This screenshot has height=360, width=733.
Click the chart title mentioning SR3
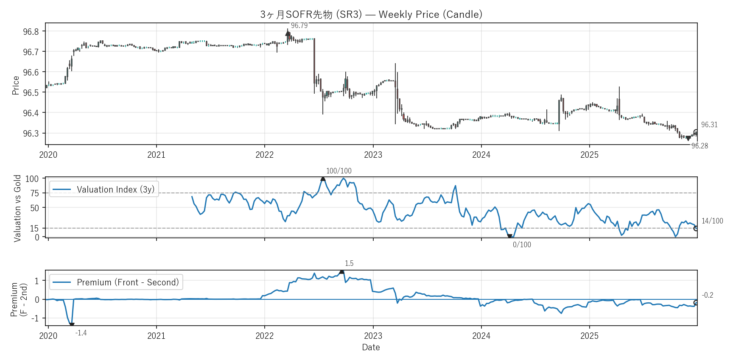click(371, 14)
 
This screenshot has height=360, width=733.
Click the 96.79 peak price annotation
click(299, 25)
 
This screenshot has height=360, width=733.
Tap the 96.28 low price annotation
click(699, 146)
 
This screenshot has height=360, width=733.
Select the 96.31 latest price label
click(709, 125)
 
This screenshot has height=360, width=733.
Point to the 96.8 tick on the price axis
click(31, 32)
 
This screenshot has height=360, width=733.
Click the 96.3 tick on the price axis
click(31, 134)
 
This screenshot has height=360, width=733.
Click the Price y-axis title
click(16, 85)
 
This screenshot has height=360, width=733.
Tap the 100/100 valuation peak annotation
click(339, 171)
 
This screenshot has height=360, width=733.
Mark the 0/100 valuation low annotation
click(522, 245)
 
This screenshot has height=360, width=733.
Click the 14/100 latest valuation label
click(712, 221)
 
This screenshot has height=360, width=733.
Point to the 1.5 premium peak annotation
click(349, 263)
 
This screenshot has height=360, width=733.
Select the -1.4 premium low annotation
click(81, 333)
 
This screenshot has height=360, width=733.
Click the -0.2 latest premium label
click(708, 295)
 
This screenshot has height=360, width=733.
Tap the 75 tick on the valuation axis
click(34, 193)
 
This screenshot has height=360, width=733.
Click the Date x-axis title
click(371, 347)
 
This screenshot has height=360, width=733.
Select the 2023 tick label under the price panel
click(373, 155)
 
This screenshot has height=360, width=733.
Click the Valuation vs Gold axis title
click(17, 208)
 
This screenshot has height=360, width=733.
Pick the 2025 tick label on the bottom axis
click(589, 336)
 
